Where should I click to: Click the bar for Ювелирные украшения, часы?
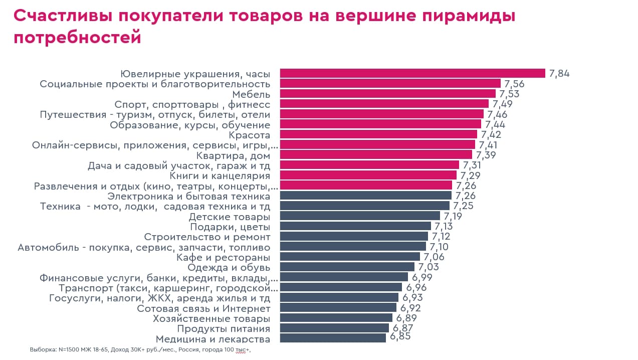click(412, 73)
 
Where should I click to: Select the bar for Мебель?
click(387, 94)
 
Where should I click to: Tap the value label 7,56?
click(514, 84)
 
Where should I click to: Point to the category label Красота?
click(250, 135)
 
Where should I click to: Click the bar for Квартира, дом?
click(376, 155)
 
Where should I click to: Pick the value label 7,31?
click(472, 165)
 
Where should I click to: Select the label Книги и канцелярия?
click(220, 175)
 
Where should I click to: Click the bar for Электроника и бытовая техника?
click(366, 196)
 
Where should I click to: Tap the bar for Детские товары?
click(360, 216)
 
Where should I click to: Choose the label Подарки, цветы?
click(230, 227)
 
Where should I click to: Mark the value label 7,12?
click(441, 236)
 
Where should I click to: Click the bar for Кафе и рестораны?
click(350, 257)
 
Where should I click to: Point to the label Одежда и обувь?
click(229, 268)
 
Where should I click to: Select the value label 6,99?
click(422, 277)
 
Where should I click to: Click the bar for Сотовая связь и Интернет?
click(338, 307)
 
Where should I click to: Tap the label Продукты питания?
click(224, 328)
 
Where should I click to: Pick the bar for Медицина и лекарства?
click(333, 338)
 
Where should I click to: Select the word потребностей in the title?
click(78, 38)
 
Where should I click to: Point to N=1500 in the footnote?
click(69, 349)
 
